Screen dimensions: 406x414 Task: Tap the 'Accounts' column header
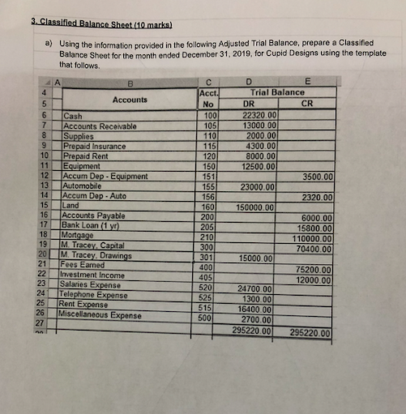coord(130,100)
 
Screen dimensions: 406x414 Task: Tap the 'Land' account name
coord(72,206)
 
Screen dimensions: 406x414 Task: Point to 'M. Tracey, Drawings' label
coord(96,256)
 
